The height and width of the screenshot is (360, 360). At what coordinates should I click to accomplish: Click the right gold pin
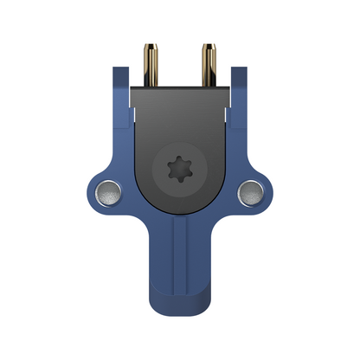pyautogui.click(x=209, y=65)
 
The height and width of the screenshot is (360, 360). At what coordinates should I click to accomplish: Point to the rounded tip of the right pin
pyautogui.click(x=209, y=43)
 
